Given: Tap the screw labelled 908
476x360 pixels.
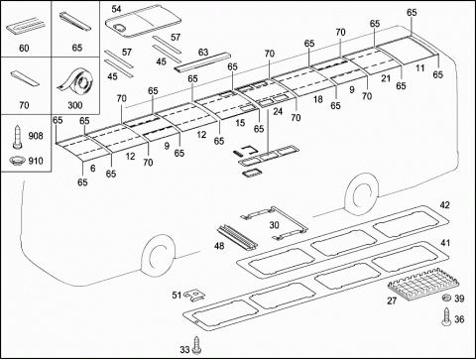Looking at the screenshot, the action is pyautogui.click(x=17, y=137).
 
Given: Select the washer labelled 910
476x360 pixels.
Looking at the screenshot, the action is pyautogui.click(x=17, y=161).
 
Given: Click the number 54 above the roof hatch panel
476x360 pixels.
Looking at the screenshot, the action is pyautogui.click(x=116, y=9).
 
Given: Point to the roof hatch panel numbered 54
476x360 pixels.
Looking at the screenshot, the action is pyautogui.click(x=143, y=21).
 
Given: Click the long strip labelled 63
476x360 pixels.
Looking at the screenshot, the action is pyautogui.click(x=202, y=61).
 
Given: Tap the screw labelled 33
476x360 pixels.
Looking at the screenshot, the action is pyautogui.click(x=196, y=345).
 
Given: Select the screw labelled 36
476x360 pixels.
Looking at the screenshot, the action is pyautogui.click(x=446, y=317).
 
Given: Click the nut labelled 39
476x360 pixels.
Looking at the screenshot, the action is pyautogui.click(x=446, y=298).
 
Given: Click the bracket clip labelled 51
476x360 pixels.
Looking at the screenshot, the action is pyautogui.click(x=195, y=294).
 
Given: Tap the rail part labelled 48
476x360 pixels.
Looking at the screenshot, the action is pyautogui.click(x=237, y=237).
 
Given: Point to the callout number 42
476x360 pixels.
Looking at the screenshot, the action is pyautogui.click(x=445, y=205).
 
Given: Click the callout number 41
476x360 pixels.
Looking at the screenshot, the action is pyautogui.click(x=445, y=243).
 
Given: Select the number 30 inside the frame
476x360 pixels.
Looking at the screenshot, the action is pyautogui.click(x=274, y=225).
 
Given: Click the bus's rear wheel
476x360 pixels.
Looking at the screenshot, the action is pyautogui.click(x=362, y=194).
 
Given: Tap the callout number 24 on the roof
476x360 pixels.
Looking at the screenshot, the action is pyautogui.click(x=278, y=111).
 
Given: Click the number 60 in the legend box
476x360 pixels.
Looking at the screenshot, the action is pyautogui.click(x=24, y=49).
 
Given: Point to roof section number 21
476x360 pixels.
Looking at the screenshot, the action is pyautogui.click(x=386, y=78).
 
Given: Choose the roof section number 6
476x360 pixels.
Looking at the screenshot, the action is pyautogui.click(x=92, y=169).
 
